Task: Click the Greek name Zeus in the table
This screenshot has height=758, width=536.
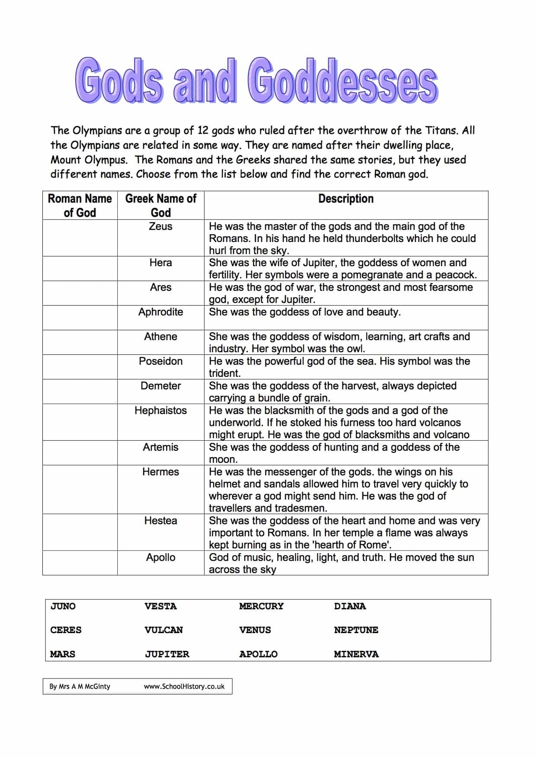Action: (160, 226)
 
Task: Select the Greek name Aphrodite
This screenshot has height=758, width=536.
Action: (160, 312)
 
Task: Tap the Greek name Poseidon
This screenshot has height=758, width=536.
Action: (160, 361)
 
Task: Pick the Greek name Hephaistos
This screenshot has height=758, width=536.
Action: (160, 411)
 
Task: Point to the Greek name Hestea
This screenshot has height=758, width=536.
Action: (160, 521)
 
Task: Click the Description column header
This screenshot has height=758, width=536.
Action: (346, 199)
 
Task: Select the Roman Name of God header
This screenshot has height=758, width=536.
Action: (80, 205)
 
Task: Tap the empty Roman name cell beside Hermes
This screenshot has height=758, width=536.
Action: (80, 489)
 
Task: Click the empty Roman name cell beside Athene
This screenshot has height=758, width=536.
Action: (80, 342)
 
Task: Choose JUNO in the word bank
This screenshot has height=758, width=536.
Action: (63, 606)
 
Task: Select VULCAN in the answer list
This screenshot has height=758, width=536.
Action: (164, 630)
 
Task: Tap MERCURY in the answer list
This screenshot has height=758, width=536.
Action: (261, 606)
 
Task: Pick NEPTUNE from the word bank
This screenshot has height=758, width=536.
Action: (356, 630)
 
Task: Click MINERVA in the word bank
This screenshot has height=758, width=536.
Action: (356, 654)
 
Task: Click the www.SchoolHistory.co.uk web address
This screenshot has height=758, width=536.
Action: (184, 686)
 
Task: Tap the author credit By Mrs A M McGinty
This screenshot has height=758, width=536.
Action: (80, 686)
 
